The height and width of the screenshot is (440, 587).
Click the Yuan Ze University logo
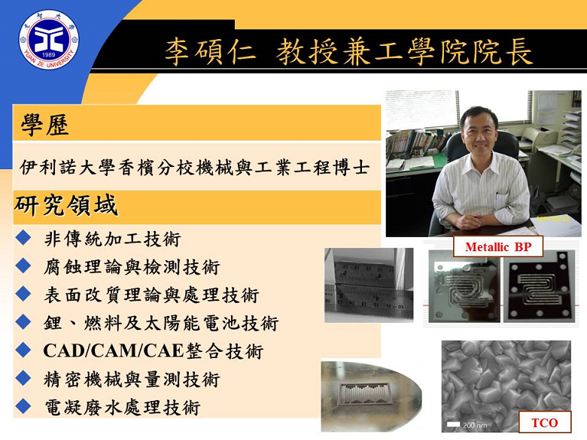click(x=49, y=40)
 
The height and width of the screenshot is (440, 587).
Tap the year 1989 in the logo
click(x=49, y=55)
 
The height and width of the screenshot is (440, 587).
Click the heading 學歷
click(x=44, y=125)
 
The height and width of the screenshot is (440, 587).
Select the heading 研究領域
click(x=66, y=205)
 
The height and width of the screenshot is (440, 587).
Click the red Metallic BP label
click(x=498, y=247)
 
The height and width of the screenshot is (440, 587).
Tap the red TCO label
click(x=545, y=423)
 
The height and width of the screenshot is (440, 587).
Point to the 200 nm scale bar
click(x=453, y=424)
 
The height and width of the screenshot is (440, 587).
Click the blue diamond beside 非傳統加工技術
click(x=23, y=238)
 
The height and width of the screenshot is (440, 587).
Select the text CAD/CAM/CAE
click(x=114, y=351)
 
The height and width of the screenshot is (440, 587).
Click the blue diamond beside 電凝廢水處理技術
click(x=23, y=406)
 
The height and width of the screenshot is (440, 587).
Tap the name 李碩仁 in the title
click(x=211, y=52)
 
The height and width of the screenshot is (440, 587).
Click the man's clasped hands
click(x=473, y=220)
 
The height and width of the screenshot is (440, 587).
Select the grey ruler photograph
click(x=369, y=285)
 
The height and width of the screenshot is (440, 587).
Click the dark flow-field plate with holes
click(x=538, y=289)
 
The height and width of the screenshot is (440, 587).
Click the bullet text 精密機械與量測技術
click(x=132, y=379)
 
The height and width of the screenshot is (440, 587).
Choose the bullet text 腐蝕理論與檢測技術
click(x=132, y=267)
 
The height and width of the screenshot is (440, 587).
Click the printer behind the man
click(x=538, y=139)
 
